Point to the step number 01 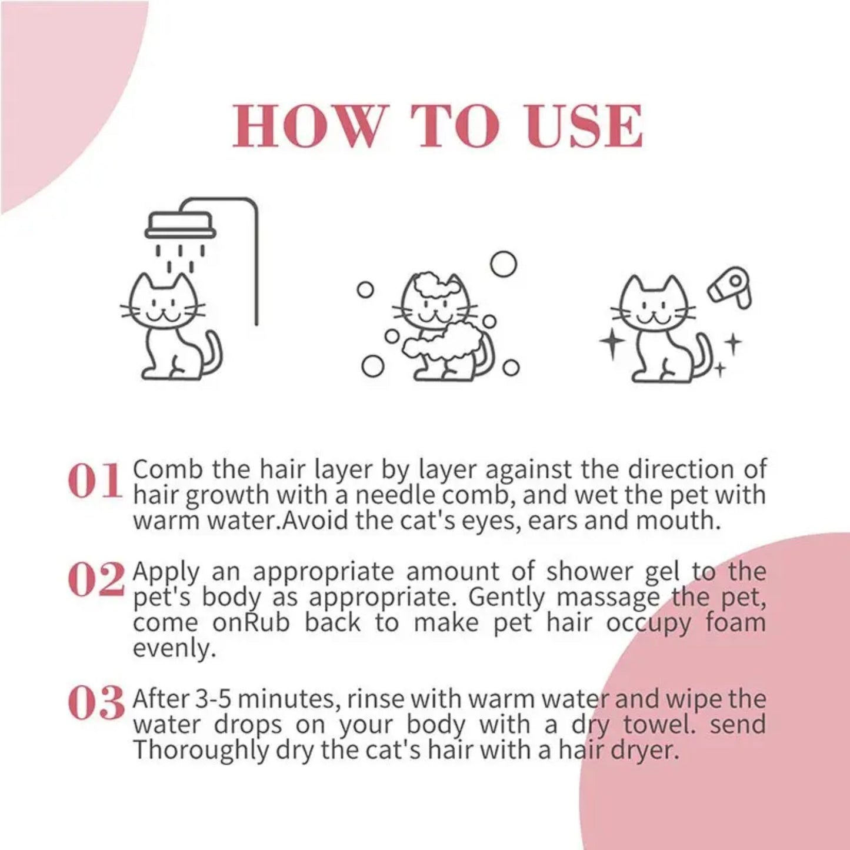tap(95, 481)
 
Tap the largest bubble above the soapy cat tap(503, 264)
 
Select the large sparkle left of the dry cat tap(612, 344)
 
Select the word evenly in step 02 tap(171, 649)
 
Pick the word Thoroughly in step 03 tap(200, 751)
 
